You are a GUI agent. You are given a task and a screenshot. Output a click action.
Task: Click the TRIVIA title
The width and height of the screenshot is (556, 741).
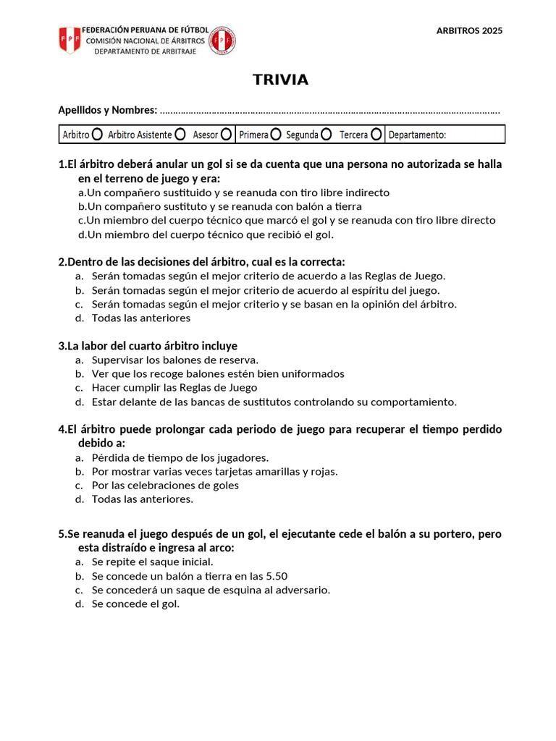280,80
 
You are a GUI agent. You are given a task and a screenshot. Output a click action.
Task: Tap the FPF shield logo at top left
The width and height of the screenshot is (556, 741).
69,40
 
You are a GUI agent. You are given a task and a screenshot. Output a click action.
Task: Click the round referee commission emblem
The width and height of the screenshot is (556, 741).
222,41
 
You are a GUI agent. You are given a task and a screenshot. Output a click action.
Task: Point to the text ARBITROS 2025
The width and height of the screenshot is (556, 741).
470,30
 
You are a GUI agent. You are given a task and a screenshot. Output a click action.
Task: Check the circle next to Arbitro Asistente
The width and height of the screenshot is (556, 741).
180,135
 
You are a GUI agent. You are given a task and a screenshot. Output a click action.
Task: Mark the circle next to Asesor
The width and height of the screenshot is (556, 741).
227,135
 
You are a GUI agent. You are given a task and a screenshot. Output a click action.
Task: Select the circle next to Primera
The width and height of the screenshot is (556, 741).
277,135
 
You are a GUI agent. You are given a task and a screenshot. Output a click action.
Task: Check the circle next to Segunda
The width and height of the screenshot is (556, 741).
327,135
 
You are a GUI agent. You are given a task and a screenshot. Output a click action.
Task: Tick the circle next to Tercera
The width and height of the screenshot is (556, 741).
376,135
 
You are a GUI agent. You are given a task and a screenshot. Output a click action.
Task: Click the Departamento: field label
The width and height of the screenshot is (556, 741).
418,135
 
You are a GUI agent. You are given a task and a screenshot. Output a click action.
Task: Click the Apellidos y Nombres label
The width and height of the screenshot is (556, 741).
107,110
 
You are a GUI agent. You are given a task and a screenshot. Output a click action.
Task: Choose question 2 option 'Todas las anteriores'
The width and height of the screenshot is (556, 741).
140,318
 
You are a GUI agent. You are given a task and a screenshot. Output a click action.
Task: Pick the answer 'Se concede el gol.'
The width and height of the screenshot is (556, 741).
135,604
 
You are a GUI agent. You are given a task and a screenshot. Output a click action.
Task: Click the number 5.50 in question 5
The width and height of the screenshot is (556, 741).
277,576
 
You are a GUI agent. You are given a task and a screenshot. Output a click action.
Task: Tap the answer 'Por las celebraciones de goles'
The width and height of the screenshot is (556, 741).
165,485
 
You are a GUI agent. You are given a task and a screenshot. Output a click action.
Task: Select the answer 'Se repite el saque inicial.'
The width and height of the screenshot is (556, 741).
152,562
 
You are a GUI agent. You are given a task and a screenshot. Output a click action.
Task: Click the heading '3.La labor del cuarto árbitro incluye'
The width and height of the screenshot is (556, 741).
148,346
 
